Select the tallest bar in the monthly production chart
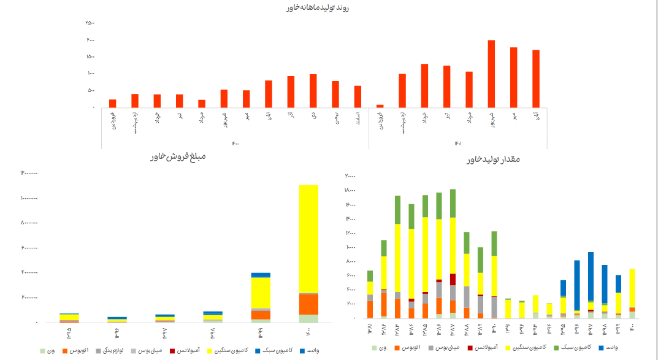click(x=491, y=74)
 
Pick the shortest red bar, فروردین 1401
click(x=380, y=106)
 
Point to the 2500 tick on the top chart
click(x=90, y=23)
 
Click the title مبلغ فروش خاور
click(x=177, y=157)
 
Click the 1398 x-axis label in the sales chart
click(x=212, y=335)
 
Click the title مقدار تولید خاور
click(x=493, y=159)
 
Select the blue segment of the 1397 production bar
click(x=591, y=276)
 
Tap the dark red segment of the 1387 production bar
click(x=453, y=279)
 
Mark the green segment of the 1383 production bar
click(x=397, y=210)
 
